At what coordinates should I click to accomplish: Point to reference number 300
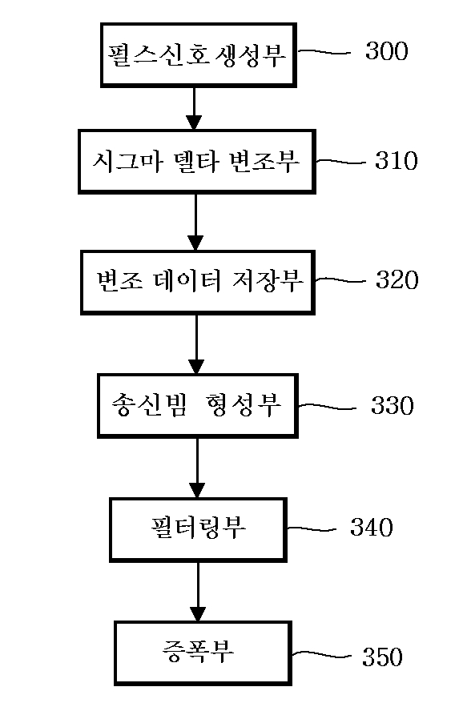pos(386,50)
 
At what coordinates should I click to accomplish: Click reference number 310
pos(396,161)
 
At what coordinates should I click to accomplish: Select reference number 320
pos(397,279)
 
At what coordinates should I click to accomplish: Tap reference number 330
pos(393,405)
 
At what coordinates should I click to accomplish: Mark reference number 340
pos(372,528)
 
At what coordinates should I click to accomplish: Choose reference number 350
pos(382,657)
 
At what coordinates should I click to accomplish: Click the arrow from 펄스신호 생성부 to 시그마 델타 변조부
pos(194,108)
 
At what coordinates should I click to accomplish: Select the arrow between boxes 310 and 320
pos(195,223)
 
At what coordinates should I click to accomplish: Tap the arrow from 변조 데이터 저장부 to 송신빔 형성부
pos(196,344)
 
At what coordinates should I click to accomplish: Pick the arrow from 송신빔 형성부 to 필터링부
pos(197,468)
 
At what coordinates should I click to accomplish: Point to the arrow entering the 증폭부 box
pos(198,592)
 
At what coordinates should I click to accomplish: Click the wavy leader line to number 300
pos(324,52)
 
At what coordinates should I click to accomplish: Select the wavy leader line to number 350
pos(321,654)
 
